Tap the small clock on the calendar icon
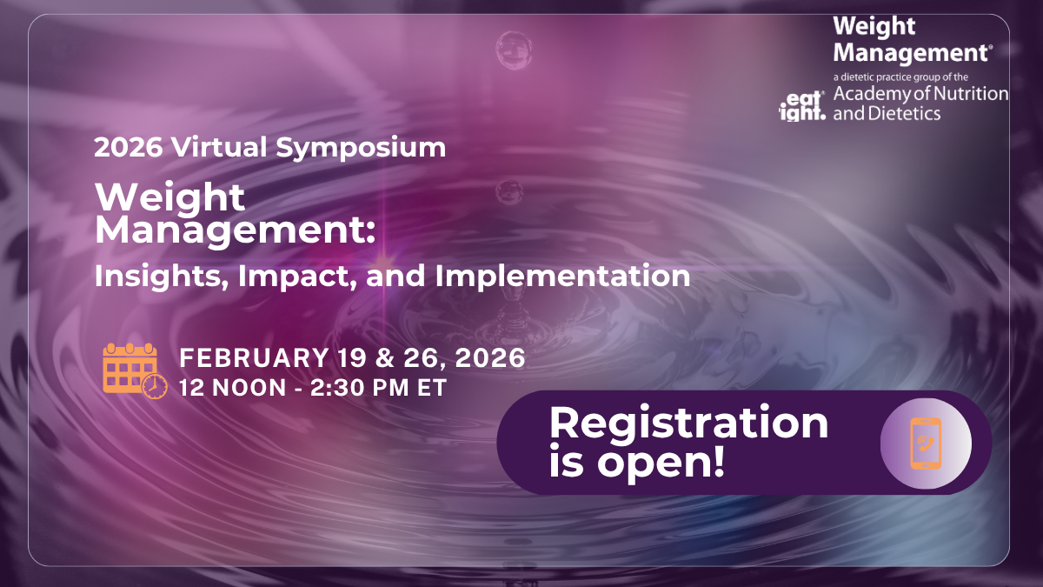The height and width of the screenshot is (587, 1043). click(155, 387)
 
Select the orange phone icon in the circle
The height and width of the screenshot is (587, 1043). click(925, 443)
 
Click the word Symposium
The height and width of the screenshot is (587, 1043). click(362, 147)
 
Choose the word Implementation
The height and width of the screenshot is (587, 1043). click(562, 277)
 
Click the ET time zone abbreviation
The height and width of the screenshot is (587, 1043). click(432, 388)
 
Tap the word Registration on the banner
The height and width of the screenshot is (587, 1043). click(688, 424)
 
